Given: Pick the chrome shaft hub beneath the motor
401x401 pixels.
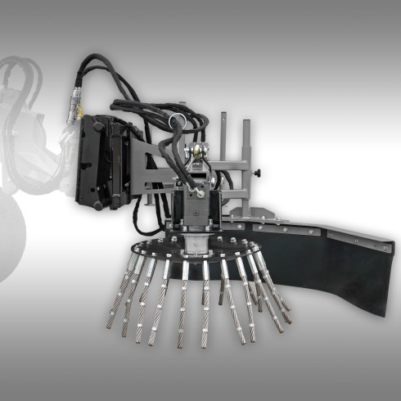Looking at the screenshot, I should (194, 242).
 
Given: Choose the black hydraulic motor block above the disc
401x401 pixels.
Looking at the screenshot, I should (194, 209).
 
